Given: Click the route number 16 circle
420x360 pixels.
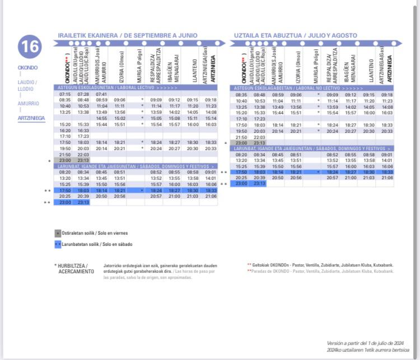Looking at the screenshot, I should tap(30, 47).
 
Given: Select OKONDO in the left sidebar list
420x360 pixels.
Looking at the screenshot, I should tap(27, 68).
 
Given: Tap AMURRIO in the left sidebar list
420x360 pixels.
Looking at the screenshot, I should tap(28, 104).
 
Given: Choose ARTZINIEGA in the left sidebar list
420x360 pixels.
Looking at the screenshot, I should tap(31, 118).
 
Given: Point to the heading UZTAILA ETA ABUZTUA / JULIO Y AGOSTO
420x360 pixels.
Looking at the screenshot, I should tap(295, 35).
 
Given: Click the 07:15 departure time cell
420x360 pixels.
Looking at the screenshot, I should tap(65, 94).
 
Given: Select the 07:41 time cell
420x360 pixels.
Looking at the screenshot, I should tap(101, 94).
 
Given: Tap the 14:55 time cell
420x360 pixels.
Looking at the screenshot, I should tap(101, 118).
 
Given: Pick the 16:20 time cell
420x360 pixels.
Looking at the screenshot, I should tap(65, 130).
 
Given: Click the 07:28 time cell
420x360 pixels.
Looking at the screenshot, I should tap(83, 94).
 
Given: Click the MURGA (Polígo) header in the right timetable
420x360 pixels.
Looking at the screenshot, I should tap(315, 67).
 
